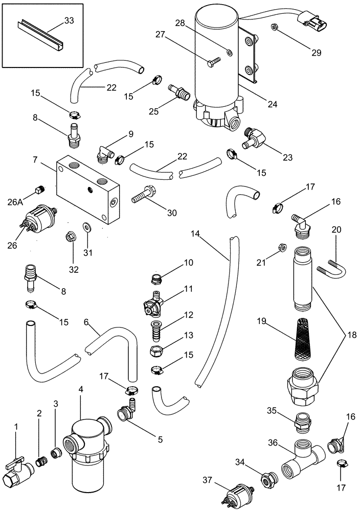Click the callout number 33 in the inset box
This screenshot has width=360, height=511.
coord(69,21)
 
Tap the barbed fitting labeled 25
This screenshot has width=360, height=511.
coord(180,93)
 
